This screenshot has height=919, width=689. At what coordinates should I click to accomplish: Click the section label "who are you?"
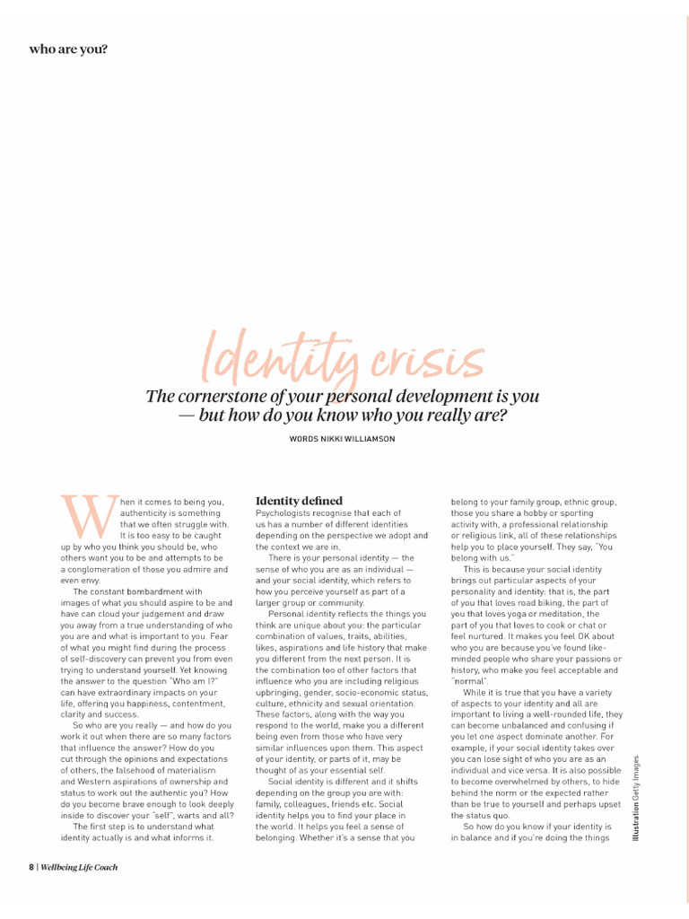pos(68,49)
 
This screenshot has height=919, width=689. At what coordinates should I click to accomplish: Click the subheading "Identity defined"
pos(299,500)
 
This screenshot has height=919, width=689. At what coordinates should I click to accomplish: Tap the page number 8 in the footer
pos(31,867)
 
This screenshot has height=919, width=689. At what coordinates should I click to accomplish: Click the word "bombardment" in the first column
pos(169,591)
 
